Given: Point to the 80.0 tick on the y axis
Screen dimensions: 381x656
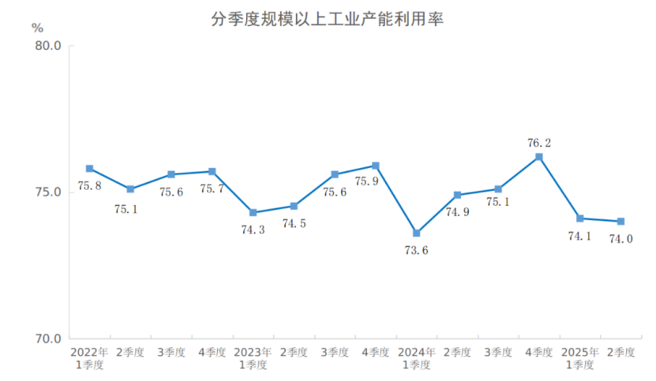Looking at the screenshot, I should coord(48,46).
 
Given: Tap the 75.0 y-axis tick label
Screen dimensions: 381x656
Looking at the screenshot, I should coord(48,192).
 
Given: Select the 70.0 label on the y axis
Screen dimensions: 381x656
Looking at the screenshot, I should coord(48,339).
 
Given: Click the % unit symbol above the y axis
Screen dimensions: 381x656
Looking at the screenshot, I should coord(37,27).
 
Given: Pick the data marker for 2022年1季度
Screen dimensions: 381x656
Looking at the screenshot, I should coord(90,169).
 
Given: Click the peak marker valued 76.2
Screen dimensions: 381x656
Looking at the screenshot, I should coord(539,157).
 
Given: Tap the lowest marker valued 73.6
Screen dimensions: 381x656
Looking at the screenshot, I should coord(416,233).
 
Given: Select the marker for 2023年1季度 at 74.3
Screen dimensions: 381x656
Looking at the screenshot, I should coord(253,212).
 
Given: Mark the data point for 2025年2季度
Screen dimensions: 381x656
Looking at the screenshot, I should coord(620,222).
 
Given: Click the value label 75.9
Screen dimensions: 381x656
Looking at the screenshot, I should coord(366,181).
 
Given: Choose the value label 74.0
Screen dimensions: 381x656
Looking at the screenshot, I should coord(620,239).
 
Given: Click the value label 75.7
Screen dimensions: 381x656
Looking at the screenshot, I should coord(212,189).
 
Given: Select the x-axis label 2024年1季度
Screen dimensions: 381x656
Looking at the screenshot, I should coord(416,358).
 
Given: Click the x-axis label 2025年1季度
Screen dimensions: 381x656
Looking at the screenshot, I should coord(579,358).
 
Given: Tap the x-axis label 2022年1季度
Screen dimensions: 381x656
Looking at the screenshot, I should coord(89,358).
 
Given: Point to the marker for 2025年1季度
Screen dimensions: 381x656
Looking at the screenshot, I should coord(579,219).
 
